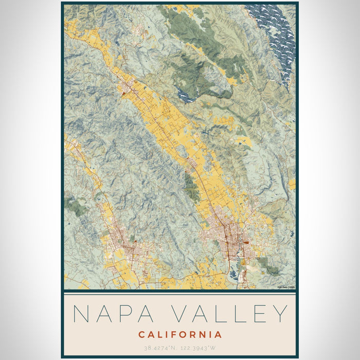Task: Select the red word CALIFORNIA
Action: click(x=180, y=335)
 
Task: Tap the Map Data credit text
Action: click(x=285, y=287)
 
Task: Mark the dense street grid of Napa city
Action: click(x=229, y=239)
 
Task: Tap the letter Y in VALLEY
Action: click(x=279, y=314)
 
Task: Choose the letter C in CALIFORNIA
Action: click(x=141, y=335)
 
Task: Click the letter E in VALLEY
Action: click(x=258, y=314)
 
